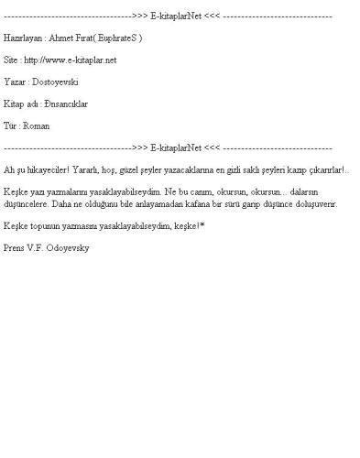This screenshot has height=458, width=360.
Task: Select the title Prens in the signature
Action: click(x=16, y=247)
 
